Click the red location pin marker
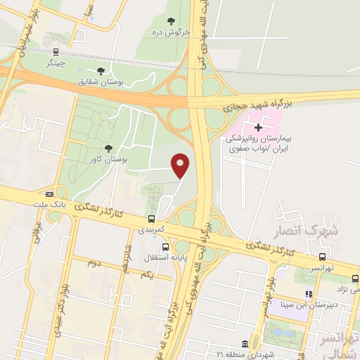pos(181,166)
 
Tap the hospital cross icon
pos(259,127)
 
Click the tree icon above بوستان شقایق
pos(101,70)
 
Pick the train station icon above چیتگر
pos(55,51)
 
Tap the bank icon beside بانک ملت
pos(49,194)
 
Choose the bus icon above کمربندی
pos(151,218)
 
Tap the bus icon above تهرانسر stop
pos(322,256)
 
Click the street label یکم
pos(147,274)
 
